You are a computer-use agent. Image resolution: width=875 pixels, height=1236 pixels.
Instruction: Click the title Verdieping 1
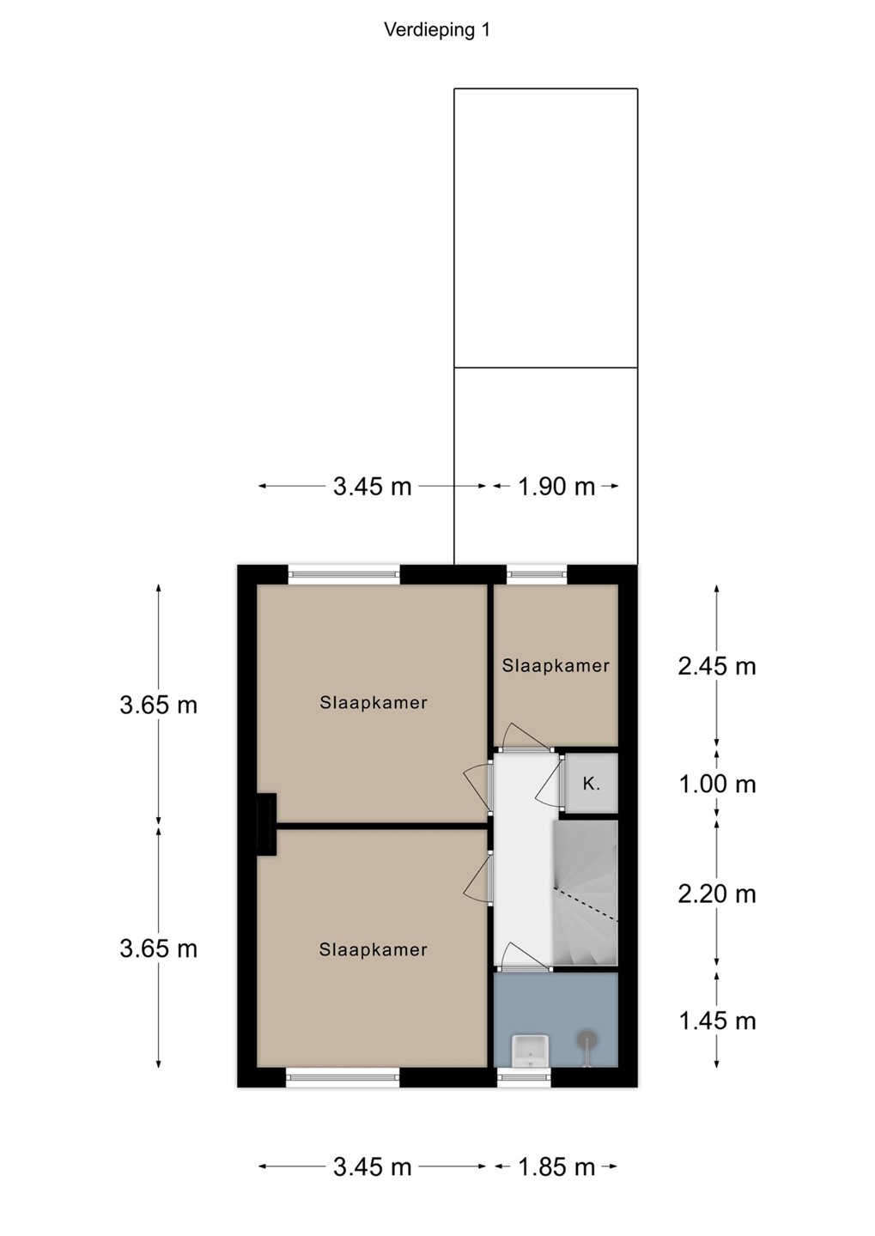pos(437,30)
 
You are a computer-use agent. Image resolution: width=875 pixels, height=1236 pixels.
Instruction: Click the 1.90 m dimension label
pos(556,487)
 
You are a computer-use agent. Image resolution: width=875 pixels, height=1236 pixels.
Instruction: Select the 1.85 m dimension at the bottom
pos(556,1166)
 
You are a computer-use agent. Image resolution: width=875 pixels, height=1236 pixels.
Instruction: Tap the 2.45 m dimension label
pos(716,667)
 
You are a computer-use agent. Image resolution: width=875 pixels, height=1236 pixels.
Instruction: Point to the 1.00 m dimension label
pos(716,785)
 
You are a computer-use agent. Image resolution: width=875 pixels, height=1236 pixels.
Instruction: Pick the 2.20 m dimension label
pos(716,894)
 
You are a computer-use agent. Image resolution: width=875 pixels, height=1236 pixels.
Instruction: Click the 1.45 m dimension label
pos(716,1021)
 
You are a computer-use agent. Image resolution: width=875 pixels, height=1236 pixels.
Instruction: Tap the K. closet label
pos(592,784)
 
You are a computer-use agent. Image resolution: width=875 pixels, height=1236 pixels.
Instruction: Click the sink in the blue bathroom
pos(531,1051)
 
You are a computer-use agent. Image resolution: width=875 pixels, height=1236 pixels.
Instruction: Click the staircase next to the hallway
pos(585,893)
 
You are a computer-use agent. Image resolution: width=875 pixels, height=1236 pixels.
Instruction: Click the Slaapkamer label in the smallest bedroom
pos(556,665)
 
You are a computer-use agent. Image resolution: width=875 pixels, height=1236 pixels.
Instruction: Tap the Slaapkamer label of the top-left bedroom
pos(374,702)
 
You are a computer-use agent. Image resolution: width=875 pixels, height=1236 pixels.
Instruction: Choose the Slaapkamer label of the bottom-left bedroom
pos(374,949)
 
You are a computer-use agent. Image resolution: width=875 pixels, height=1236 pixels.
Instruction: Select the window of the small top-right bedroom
pos(538,574)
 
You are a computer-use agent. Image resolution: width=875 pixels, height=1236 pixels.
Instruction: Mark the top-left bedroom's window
pos(344,574)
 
